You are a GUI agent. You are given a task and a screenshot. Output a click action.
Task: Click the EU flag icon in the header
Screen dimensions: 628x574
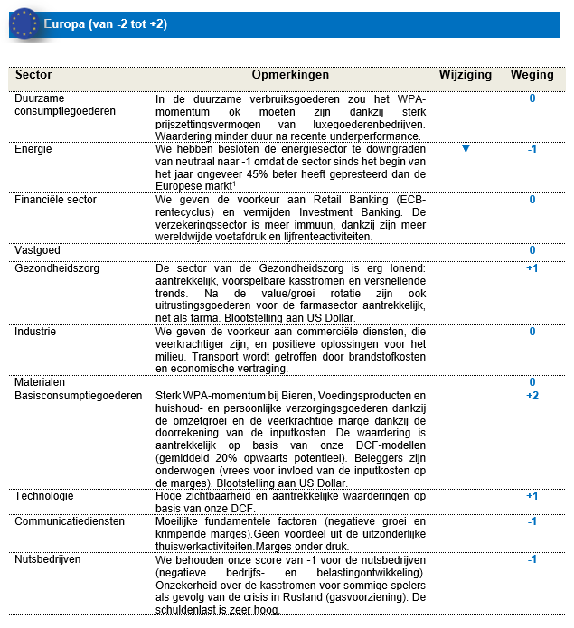(24, 23)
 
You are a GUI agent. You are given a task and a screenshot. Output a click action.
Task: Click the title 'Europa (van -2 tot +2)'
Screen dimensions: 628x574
(106, 24)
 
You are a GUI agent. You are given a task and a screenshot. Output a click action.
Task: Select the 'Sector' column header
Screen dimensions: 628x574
(34, 75)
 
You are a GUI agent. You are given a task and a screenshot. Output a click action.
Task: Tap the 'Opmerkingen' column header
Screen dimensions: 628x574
(290, 75)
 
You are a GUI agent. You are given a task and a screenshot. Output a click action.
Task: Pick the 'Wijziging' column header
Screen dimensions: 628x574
(464, 75)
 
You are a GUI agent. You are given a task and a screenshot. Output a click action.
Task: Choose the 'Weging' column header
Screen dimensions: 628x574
(532, 75)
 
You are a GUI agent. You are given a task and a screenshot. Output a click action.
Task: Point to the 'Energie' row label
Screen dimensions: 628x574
(33, 149)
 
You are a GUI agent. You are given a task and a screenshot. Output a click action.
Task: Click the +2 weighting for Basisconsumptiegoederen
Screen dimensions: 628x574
(532, 396)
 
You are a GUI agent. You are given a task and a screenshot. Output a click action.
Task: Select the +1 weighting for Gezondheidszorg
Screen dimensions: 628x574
(532, 268)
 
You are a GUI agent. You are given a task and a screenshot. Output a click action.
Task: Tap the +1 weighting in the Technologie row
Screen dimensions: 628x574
(532, 496)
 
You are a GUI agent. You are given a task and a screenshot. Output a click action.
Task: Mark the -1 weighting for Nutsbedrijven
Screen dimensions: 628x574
(532, 559)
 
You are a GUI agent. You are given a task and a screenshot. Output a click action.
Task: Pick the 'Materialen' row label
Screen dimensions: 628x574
(40, 382)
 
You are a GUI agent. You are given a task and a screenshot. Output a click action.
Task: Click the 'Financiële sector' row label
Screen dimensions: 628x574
(55, 200)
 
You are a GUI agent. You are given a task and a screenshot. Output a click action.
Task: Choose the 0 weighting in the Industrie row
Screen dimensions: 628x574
(532, 332)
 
